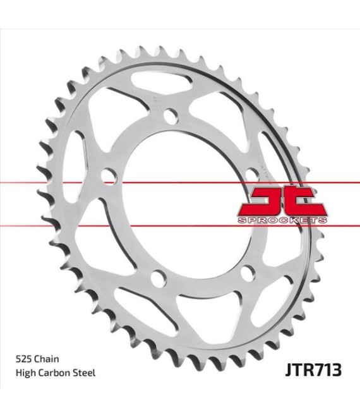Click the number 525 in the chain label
pos(23,359)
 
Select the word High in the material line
pos(26,373)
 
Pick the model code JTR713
pos(313,370)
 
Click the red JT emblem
pos(282,202)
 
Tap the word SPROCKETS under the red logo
pos(282,221)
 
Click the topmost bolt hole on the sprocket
pos(171,116)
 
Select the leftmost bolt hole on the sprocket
pos(109,176)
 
